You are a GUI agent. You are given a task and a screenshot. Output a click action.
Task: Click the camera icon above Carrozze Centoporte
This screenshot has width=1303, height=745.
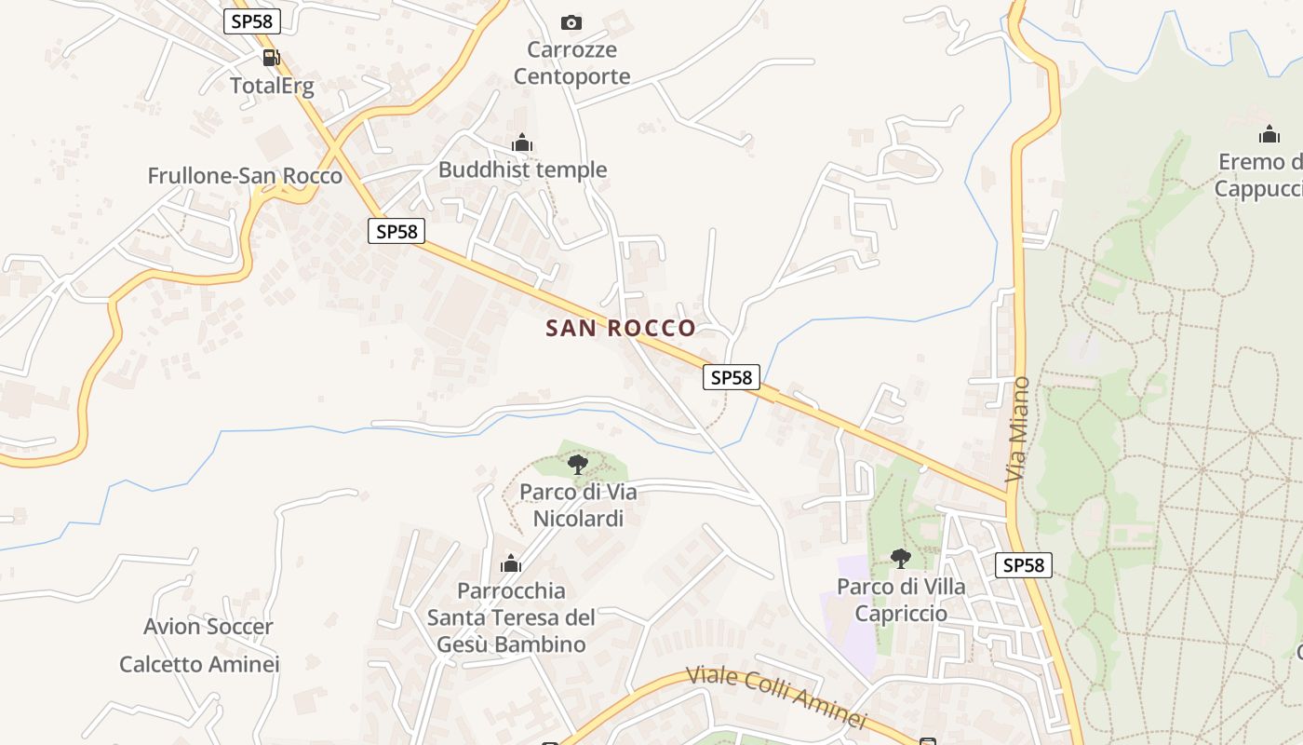(571, 22)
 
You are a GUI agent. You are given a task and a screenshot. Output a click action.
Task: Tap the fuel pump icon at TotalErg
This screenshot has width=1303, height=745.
(271, 58)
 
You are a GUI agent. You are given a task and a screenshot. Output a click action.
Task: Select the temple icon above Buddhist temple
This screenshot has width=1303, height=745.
(522, 142)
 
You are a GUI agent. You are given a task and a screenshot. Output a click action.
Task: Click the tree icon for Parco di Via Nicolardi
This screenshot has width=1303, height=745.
(577, 464)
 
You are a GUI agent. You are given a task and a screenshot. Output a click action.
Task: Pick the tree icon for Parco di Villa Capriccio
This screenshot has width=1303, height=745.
(900, 559)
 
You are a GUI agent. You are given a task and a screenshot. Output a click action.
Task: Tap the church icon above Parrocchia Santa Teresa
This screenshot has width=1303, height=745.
(510, 563)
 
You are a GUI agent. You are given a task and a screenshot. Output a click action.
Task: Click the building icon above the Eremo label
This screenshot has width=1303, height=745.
(1269, 134)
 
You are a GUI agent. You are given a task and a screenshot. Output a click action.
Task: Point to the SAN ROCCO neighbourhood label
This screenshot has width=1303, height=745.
(620, 328)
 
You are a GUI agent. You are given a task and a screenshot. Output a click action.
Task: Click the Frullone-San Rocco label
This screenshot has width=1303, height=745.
(245, 176)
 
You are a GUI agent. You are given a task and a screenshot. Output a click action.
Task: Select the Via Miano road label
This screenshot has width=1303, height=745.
(1018, 429)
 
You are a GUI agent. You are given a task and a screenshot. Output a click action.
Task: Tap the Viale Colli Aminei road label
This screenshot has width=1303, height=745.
(776, 697)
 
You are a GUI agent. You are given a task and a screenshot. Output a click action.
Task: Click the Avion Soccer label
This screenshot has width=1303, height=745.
(208, 627)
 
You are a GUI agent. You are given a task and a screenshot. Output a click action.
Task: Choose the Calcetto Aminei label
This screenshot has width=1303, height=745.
(199, 664)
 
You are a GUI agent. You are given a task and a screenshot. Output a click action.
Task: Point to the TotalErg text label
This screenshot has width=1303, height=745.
(272, 87)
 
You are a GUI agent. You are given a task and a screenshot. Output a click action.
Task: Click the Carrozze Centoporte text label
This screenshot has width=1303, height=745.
(571, 62)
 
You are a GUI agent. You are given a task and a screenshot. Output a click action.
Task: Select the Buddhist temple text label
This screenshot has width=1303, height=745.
(522, 169)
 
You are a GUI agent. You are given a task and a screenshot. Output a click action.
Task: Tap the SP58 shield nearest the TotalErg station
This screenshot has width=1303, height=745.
(251, 21)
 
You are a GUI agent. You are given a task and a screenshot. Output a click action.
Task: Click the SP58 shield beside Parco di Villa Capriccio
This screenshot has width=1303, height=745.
(1023, 564)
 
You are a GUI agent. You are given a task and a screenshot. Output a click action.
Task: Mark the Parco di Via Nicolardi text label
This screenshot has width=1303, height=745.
(578, 505)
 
